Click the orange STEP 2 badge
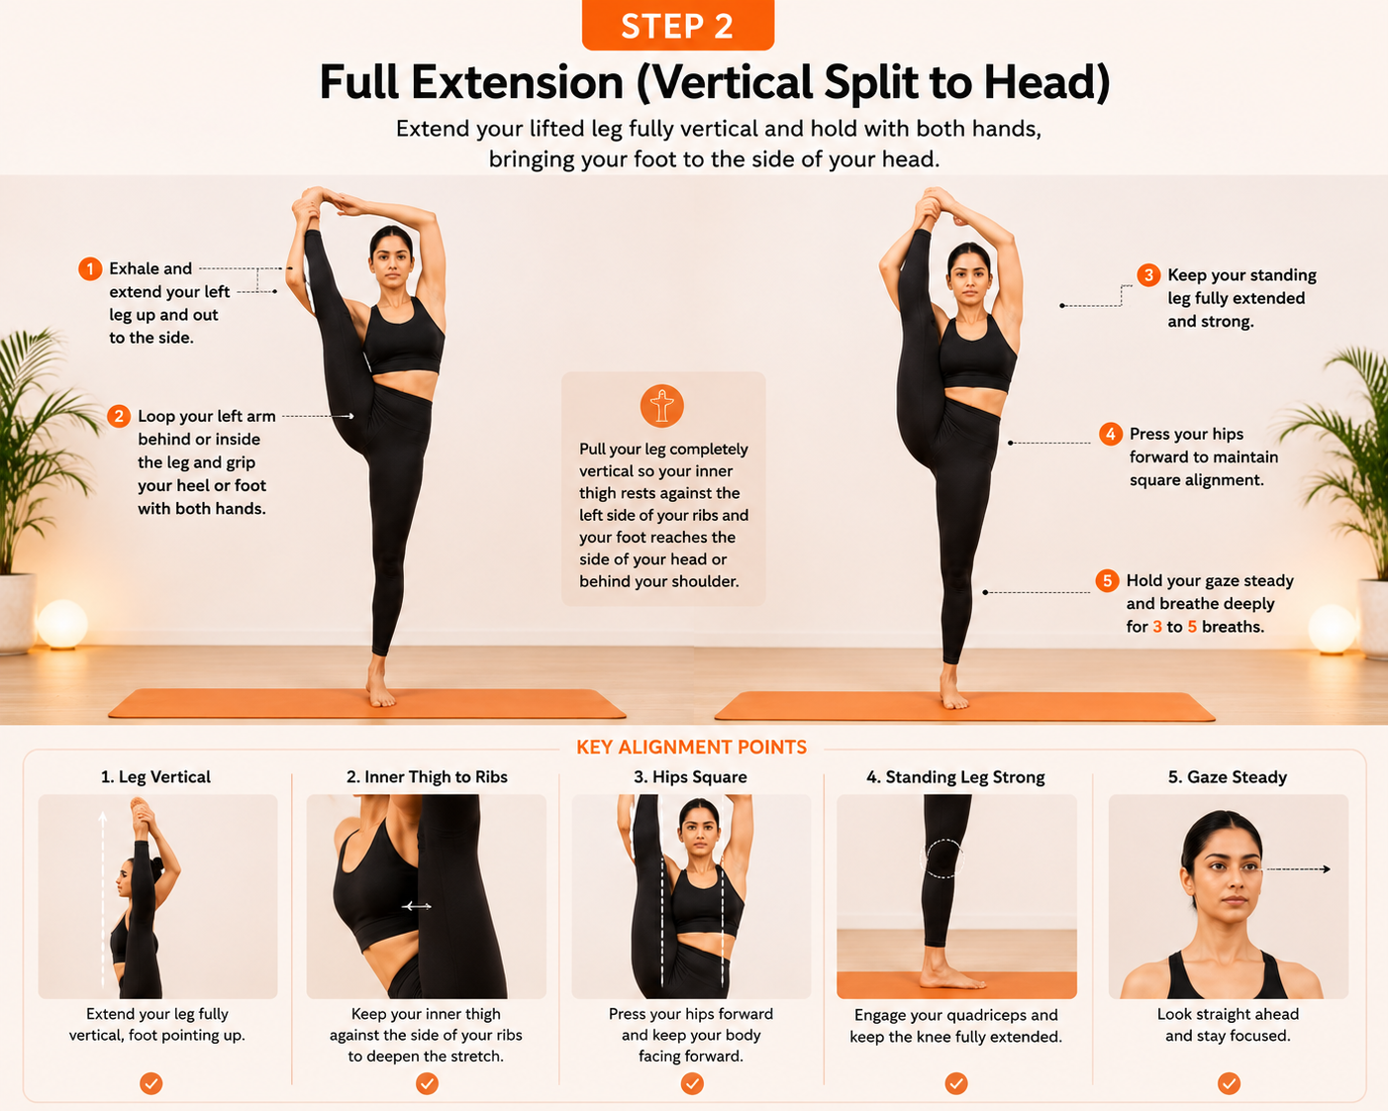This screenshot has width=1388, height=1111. pyautogui.click(x=677, y=25)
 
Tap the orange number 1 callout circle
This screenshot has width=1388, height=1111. pyautogui.click(x=90, y=269)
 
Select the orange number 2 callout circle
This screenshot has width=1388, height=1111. pyautogui.click(x=119, y=416)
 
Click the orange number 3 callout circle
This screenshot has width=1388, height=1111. pyautogui.click(x=1148, y=275)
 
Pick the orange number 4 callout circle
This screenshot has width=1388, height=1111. pyautogui.click(x=1110, y=435)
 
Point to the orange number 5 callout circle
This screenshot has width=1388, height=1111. pyautogui.click(x=1107, y=580)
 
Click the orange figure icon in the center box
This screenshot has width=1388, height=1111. pyautogui.click(x=661, y=406)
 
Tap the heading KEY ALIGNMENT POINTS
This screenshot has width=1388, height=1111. pyautogui.click(x=691, y=748)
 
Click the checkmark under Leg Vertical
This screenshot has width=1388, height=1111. pyautogui.click(x=150, y=1083)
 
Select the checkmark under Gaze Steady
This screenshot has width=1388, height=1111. pyautogui.click(x=1229, y=1083)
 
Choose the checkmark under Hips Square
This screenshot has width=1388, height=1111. pyautogui.click(x=692, y=1083)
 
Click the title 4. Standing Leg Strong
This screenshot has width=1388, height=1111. pyautogui.click(x=956, y=776)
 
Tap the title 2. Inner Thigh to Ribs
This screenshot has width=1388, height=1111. pyautogui.click(x=427, y=776)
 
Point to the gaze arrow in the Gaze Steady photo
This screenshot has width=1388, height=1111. pyautogui.click(x=1298, y=869)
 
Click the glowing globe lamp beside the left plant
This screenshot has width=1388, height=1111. pyautogui.click(x=62, y=625)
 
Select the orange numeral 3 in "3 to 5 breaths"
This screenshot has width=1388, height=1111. pyautogui.click(x=1157, y=627)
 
